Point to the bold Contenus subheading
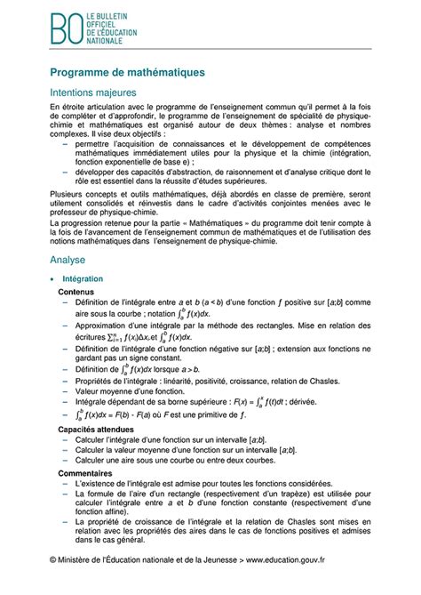click(78, 292)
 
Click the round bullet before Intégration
click(54, 279)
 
